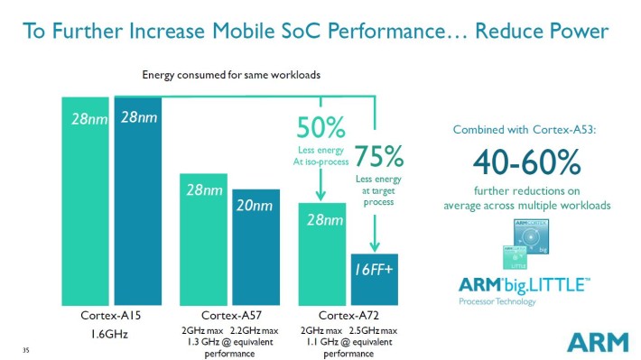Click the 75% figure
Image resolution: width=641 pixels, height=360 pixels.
point(378,157)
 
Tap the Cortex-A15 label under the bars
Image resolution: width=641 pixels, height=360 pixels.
point(113,316)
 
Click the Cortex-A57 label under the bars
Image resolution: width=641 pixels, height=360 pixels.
point(232,316)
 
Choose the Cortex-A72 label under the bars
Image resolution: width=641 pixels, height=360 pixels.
point(348,316)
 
